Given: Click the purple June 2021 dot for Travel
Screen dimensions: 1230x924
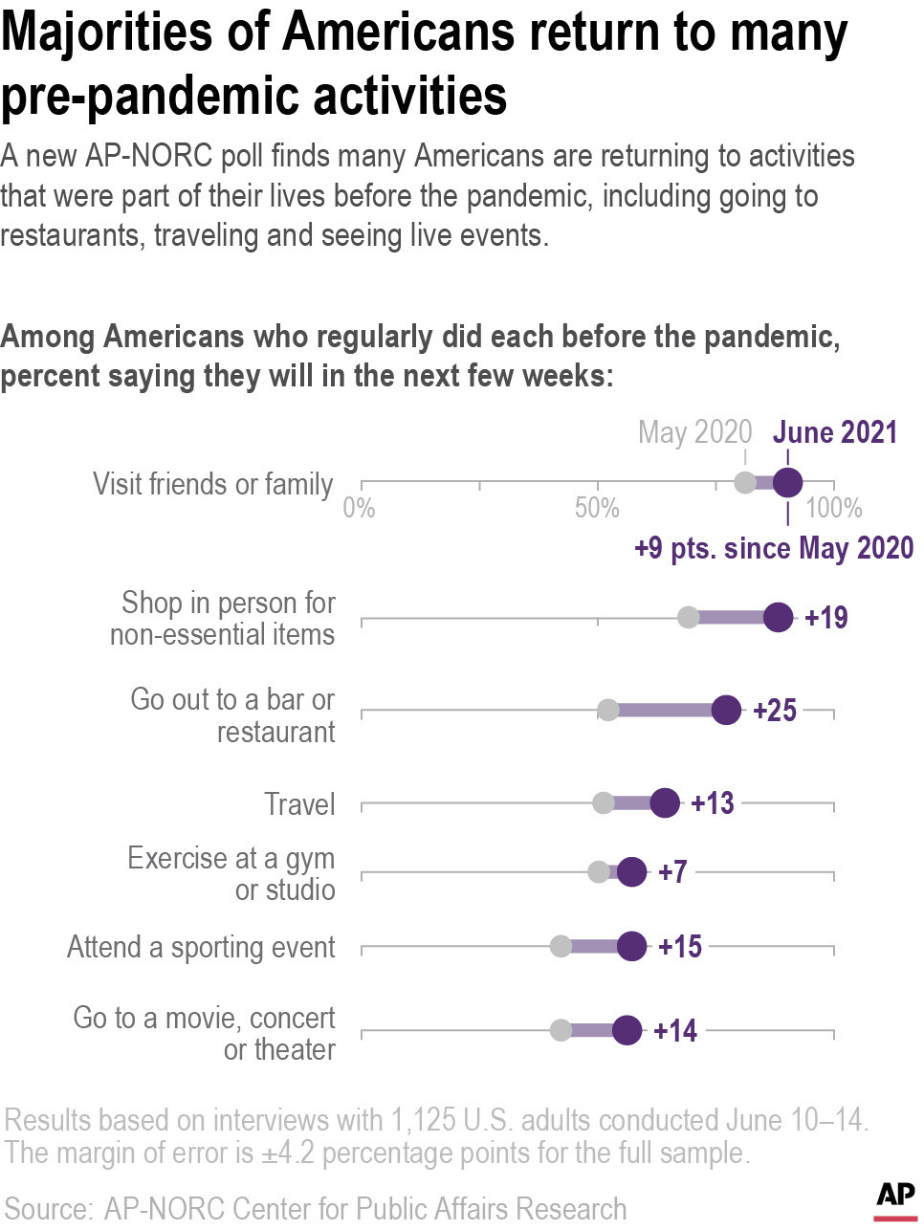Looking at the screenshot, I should coord(665,803).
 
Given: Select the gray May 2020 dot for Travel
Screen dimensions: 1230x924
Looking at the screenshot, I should coord(604,803).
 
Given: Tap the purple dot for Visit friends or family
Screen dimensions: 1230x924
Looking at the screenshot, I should coord(787,483).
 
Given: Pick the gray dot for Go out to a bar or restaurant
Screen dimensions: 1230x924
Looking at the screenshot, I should coord(608,711).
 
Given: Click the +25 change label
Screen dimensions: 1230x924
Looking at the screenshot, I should coord(775,711).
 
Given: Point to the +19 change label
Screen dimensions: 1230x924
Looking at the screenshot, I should coord(826,618).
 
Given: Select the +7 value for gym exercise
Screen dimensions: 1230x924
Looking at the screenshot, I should coord(672,872).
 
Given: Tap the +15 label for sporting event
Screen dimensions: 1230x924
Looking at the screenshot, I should coord(680,947).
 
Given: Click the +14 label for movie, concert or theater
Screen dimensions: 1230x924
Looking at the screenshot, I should coord(675,1031).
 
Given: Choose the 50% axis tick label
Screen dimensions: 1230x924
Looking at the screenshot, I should coord(597,508).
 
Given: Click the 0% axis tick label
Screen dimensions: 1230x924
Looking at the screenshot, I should coord(360,508).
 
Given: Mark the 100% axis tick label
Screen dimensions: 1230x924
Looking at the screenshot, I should coord(834,508).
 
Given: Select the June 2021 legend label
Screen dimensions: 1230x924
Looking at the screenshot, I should coord(835,432).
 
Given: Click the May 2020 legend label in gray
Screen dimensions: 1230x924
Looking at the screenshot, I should coord(695,432).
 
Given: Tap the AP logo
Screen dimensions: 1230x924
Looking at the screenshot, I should coord(895,1199).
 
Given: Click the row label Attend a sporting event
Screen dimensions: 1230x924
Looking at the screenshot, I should coord(201,947).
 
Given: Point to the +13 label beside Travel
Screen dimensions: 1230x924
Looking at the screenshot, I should coord(713,803).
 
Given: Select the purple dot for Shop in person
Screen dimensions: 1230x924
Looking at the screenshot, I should coord(779,618).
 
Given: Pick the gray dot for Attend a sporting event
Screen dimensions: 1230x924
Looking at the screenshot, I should coord(561,947).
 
